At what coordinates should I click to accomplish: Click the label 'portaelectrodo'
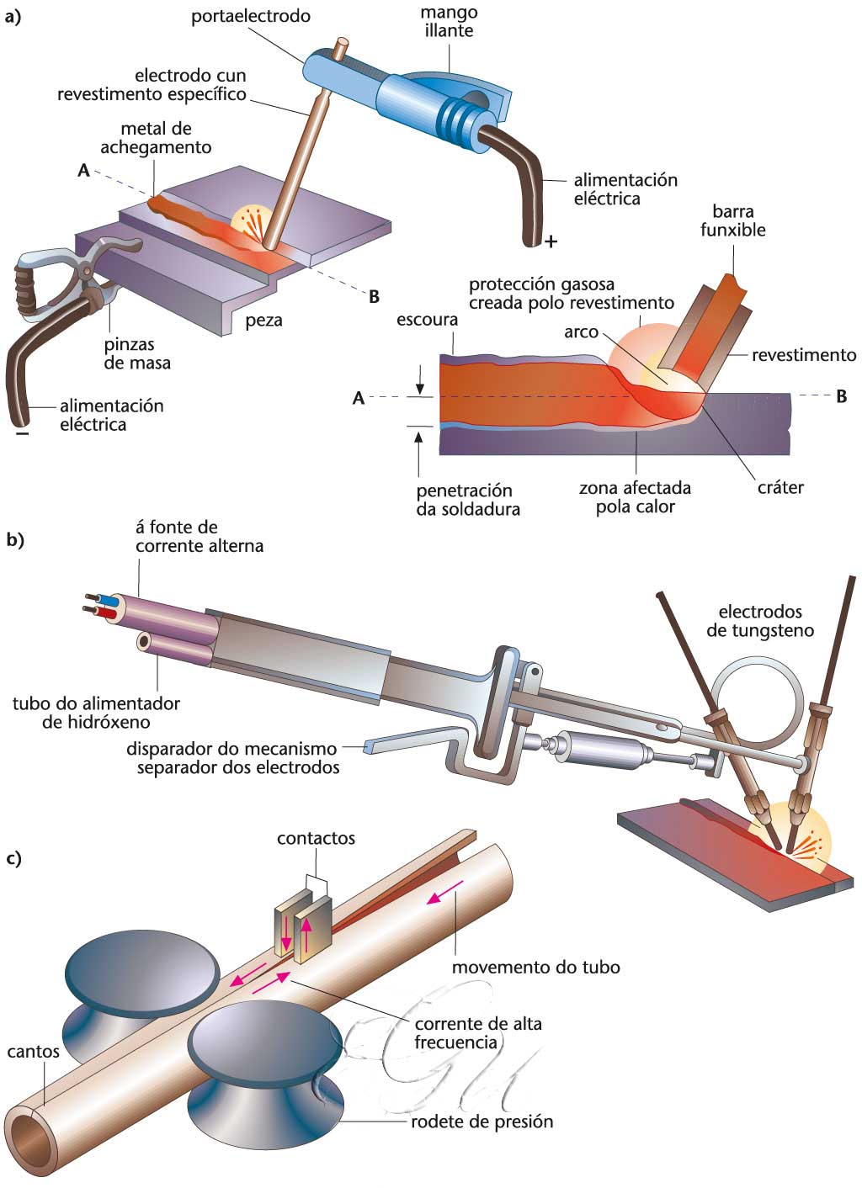[250, 16]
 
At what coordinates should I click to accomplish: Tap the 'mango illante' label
[450, 21]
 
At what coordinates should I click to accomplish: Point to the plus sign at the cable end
[551, 242]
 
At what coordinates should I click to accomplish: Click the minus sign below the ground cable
[22, 434]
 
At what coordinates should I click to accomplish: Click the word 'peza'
[264, 320]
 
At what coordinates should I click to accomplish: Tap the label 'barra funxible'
[732, 220]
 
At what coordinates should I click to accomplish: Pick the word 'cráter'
[780, 487]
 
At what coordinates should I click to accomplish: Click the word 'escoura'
[427, 320]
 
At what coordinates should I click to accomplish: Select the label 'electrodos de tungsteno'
[760, 621]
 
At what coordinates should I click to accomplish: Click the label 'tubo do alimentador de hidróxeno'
[96, 712]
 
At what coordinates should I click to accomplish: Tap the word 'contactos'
[316, 838]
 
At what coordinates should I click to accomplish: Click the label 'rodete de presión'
[482, 1122]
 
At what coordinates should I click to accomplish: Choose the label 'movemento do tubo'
[535, 967]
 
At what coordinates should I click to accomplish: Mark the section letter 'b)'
[15, 540]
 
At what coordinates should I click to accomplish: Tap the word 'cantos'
[33, 1051]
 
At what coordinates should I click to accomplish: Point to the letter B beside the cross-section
[841, 396]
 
